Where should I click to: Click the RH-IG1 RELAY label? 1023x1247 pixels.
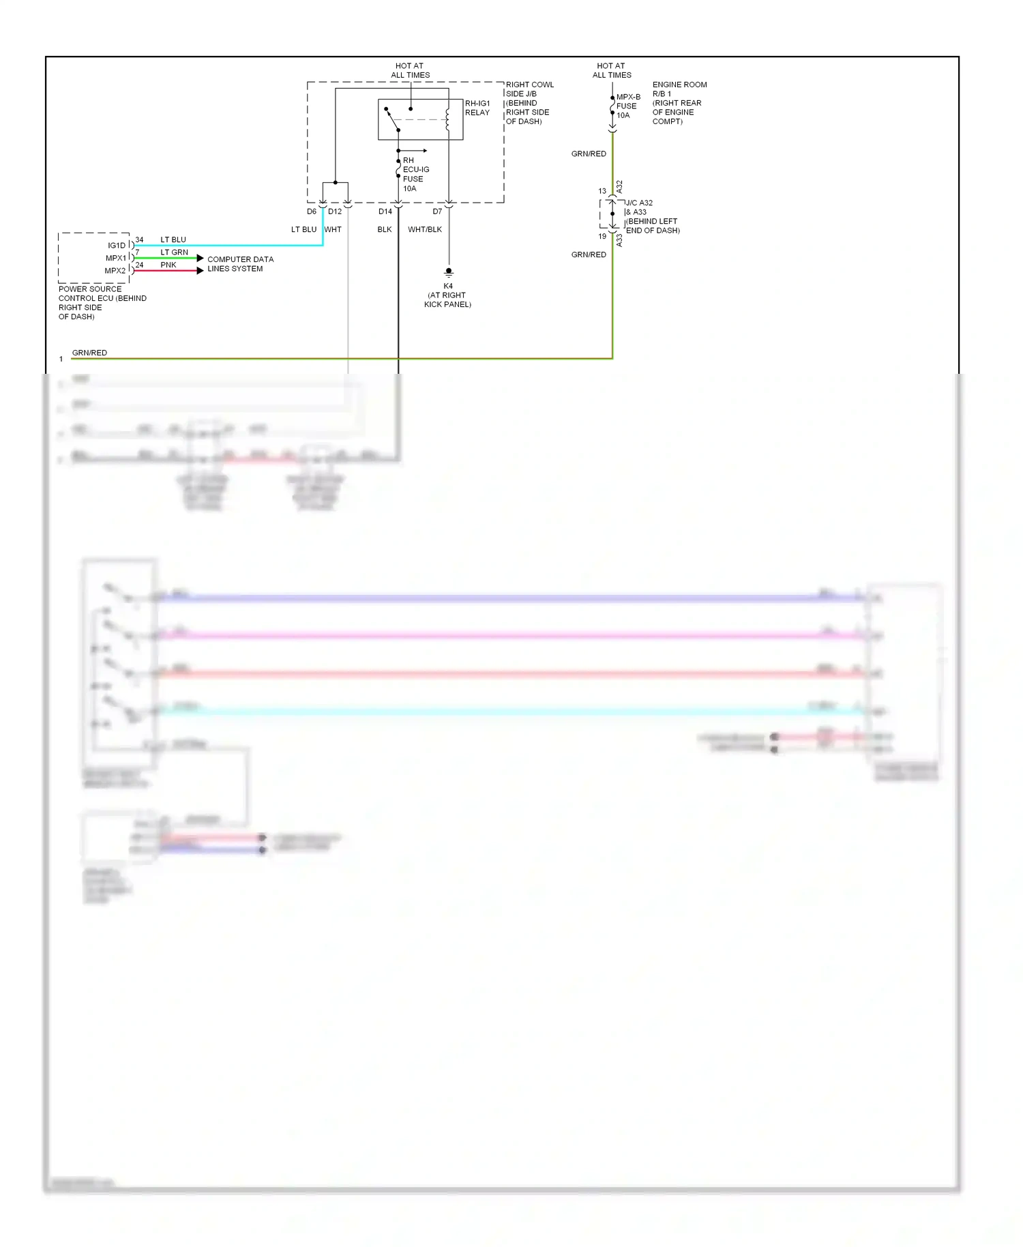(x=477, y=108)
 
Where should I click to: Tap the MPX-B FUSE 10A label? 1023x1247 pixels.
(x=627, y=106)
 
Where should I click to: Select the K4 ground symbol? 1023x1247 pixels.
(x=449, y=272)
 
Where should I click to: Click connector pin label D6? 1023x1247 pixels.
(x=312, y=211)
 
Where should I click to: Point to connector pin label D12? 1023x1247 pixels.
(x=335, y=211)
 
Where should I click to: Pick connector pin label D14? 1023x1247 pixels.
(x=385, y=211)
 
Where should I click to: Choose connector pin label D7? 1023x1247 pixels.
(x=437, y=211)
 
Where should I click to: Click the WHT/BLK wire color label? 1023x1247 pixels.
(x=425, y=229)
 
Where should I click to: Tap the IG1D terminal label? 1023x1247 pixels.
(x=117, y=246)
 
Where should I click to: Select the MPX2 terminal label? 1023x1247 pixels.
(x=115, y=271)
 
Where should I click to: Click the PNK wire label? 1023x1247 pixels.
(x=168, y=265)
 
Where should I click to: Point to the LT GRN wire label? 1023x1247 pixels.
(x=174, y=252)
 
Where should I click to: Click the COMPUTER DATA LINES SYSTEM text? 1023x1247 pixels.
(x=240, y=264)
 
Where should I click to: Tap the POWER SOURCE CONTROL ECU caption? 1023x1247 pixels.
(x=102, y=302)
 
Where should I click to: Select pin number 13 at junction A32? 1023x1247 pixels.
(x=602, y=191)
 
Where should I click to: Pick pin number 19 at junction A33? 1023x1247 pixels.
(x=602, y=237)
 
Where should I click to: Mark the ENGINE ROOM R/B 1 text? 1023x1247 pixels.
(x=679, y=103)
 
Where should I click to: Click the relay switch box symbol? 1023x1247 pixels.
(x=420, y=119)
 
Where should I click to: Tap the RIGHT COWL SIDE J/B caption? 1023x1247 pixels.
(x=529, y=103)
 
